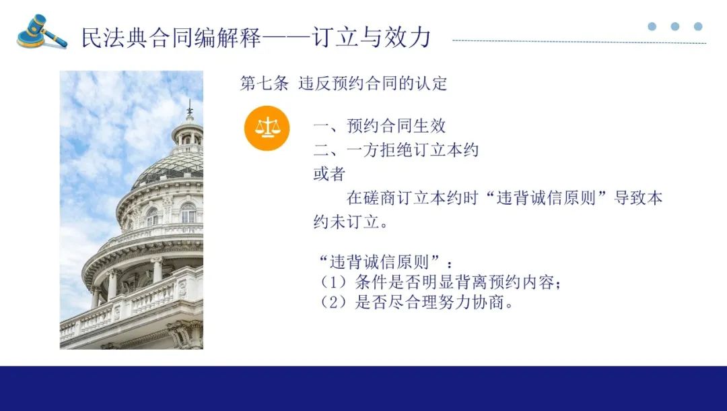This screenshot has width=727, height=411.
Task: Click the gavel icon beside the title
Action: [x=42, y=32]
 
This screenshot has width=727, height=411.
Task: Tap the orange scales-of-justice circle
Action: [x=267, y=128]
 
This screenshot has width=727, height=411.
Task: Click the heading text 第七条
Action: [x=265, y=84]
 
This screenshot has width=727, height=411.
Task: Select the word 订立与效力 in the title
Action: [x=372, y=37]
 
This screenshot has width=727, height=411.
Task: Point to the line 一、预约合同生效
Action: [x=380, y=126]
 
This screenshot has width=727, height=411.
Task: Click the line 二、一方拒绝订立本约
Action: [x=396, y=150]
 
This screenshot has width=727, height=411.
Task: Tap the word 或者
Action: [x=329, y=174]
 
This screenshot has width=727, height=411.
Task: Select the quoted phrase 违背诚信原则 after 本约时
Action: [x=546, y=198]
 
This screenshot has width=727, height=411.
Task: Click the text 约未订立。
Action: [x=351, y=222]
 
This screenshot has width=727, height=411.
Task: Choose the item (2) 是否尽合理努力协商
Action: [x=417, y=303]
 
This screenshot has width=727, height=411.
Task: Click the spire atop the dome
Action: [x=189, y=110]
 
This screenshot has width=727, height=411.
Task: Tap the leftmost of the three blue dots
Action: [x=652, y=26]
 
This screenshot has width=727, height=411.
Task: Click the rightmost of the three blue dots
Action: [x=698, y=26]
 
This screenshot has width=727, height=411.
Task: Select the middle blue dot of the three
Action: [x=675, y=26]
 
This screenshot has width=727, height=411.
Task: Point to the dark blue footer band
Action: [x=363, y=388]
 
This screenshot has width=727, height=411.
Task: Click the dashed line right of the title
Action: [x=579, y=42]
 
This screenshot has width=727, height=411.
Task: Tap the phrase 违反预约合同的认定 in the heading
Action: [x=373, y=84]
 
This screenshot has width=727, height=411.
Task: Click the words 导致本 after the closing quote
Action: [x=638, y=198]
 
